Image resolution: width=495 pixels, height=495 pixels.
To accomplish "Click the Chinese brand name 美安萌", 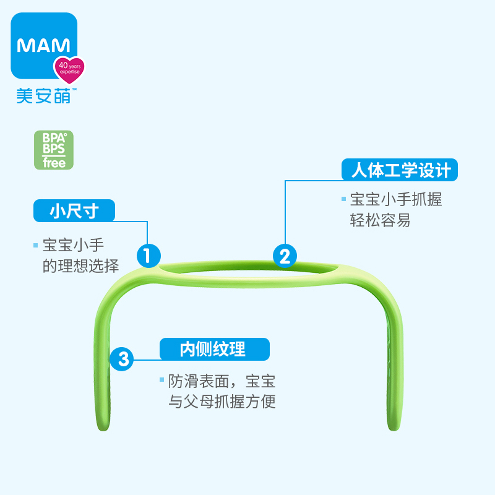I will pyautogui.click(x=43, y=95).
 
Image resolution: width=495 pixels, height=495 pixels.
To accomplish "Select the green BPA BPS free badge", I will pyautogui.click(x=54, y=150).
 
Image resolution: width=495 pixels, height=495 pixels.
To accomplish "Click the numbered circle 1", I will pyautogui.click(x=148, y=255).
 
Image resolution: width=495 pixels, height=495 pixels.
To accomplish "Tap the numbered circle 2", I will pyautogui.click(x=285, y=255).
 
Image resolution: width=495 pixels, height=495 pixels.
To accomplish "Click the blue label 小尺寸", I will pyautogui.click(x=74, y=211).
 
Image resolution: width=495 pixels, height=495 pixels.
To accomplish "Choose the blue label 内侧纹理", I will pyautogui.click(x=215, y=349).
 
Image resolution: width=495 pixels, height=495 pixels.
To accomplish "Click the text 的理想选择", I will pyautogui.click(x=80, y=265).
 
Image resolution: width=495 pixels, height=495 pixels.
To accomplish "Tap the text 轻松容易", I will pyautogui.click(x=380, y=221).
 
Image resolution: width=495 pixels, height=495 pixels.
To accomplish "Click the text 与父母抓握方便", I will pyautogui.click(x=222, y=402).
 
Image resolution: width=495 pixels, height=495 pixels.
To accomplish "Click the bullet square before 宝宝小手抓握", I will pyautogui.click(x=343, y=199).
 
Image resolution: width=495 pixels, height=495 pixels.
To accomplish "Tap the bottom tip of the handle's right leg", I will pyautogui.click(x=391, y=429).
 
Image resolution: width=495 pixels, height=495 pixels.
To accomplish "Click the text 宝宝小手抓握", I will pyautogui.click(x=396, y=199).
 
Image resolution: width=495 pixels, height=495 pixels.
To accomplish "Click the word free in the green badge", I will pyautogui.click(x=54, y=163).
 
